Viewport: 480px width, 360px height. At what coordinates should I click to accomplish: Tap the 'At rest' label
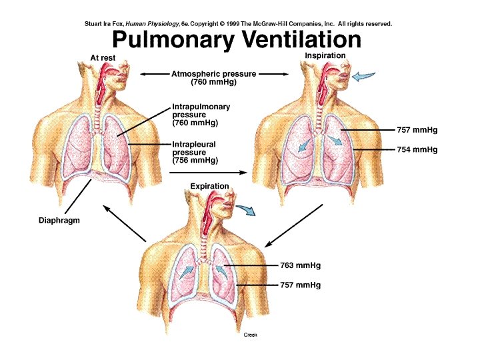(x=103, y=58)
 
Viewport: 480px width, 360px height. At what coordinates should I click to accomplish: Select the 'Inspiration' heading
(x=325, y=55)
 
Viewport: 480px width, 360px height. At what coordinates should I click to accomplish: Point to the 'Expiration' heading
(x=208, y=186)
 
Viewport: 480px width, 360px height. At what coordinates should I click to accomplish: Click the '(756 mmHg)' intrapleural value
(x=194, y=161)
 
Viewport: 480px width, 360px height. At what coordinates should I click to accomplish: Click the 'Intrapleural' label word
(x=194, y=144)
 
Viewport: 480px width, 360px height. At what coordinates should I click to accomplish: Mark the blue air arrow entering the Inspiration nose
(x=364, y=77)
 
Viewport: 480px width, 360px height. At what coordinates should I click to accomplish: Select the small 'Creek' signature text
(x=250, y=335)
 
